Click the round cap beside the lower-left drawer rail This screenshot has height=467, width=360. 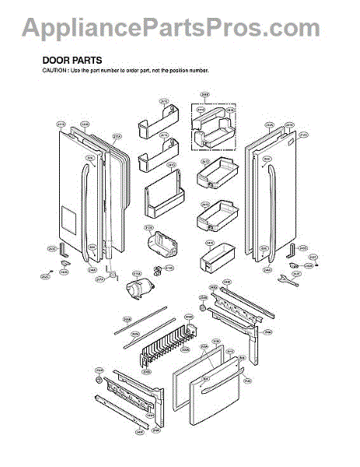(100, 381)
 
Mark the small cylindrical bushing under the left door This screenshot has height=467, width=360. (111, 274)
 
